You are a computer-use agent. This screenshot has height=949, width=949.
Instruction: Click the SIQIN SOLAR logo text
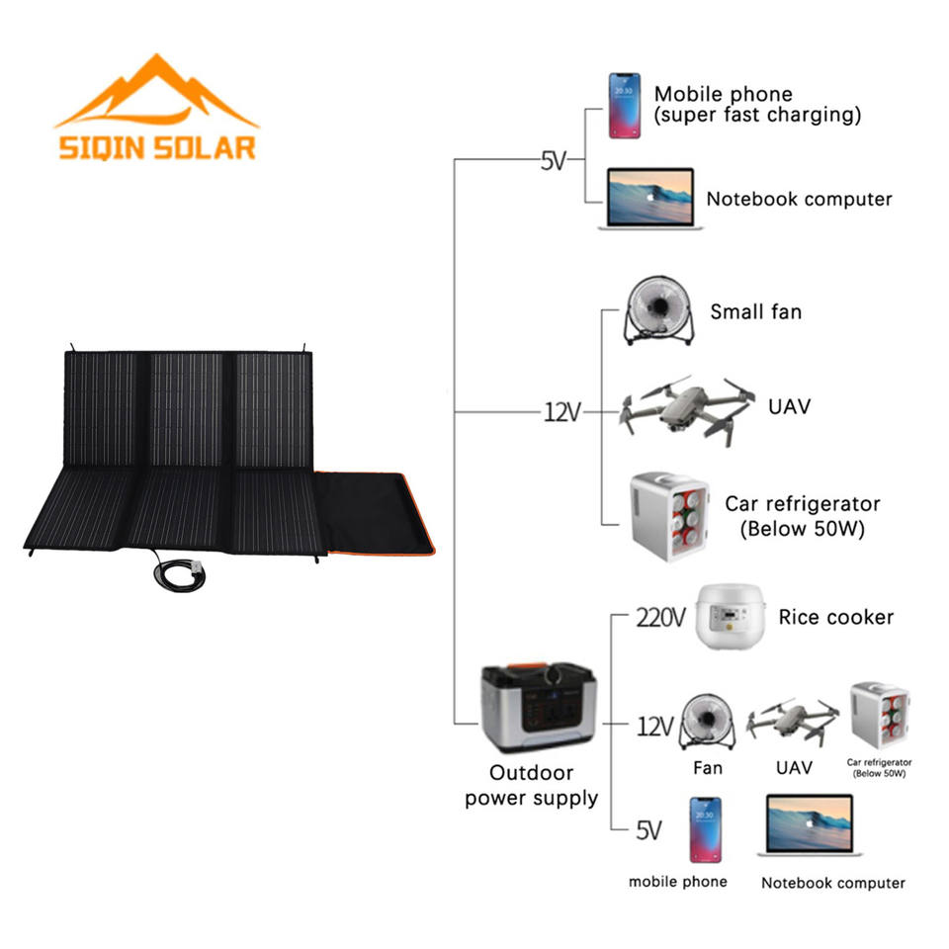[156, 147]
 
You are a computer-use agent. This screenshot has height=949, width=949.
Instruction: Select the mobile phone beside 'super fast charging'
[624, 105]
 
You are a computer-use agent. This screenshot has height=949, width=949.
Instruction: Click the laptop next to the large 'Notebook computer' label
[650, 200]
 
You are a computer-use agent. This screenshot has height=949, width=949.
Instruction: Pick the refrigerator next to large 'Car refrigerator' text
[669, 517]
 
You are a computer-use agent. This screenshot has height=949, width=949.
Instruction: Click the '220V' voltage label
[659, 619]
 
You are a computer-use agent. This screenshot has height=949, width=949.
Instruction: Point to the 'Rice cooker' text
[835, 618]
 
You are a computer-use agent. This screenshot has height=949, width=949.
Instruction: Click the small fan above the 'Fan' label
[708, 723]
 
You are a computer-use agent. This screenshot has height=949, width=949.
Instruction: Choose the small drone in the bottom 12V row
[793, 720]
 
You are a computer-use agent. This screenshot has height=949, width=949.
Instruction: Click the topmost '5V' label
[553, 160]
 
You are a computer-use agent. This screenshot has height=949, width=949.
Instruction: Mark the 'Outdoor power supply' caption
[532, 785]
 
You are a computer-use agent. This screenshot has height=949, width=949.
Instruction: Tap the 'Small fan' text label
[755, 312]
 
